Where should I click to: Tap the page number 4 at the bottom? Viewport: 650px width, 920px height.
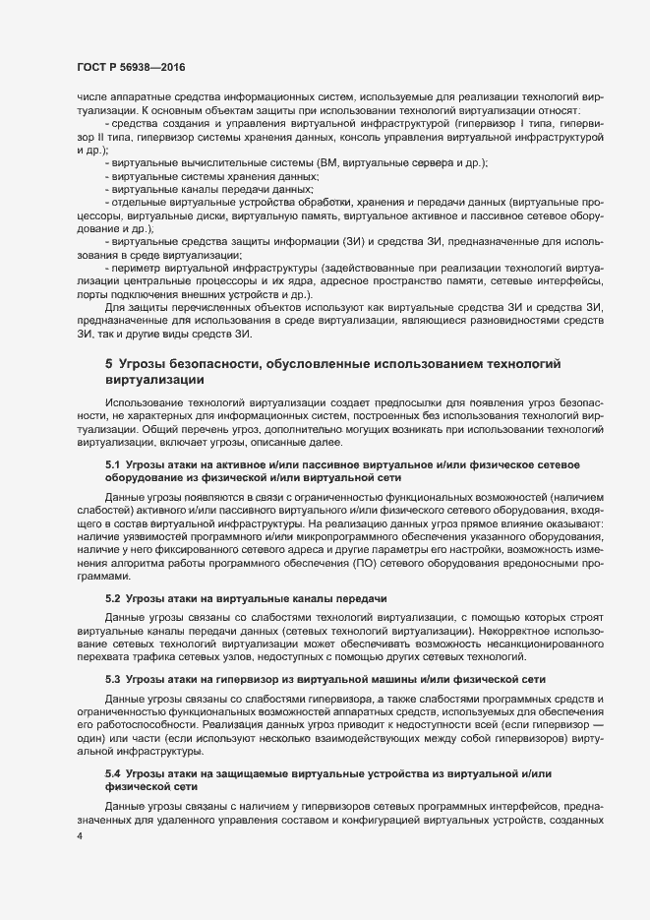click(79, 836)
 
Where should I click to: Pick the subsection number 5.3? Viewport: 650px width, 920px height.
click(112, 679)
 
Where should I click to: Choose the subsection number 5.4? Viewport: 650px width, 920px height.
click(112, 775)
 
